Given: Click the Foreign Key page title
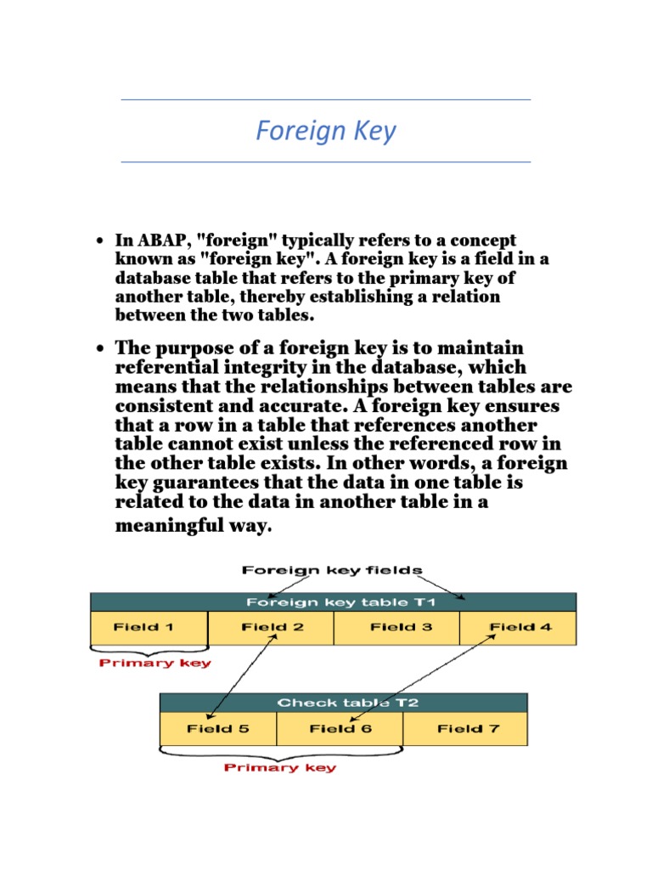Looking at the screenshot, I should (326, 132).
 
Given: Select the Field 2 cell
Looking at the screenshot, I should (271, 628).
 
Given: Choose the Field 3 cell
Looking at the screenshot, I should (396, 628).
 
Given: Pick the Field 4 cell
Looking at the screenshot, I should (518, 628).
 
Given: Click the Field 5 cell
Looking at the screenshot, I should (218, 729).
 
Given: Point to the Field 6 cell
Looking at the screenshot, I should (340, 729).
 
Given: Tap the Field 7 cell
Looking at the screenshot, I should (465, 729).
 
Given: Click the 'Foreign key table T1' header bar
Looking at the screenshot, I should (333, 602).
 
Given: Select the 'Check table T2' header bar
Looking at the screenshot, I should (343, 703).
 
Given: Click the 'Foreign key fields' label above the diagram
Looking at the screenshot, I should (332, 570).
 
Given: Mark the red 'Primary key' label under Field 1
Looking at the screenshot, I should (155, 663).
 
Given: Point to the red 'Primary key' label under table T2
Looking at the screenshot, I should (279, 768).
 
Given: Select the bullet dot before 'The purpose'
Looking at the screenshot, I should (100, 349).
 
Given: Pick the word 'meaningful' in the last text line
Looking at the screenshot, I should (171, 526).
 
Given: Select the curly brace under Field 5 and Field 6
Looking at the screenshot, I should (279, 752).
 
